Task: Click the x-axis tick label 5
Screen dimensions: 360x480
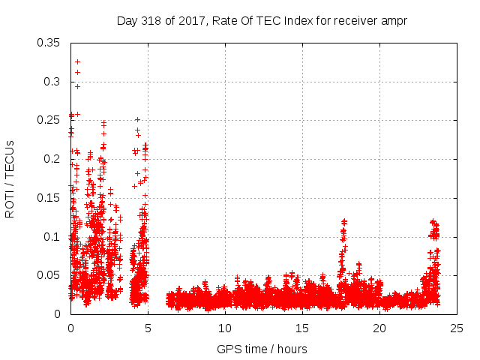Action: coord(148,328)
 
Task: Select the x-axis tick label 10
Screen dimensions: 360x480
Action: coord(225,328)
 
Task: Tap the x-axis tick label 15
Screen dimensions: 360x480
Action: coord(302,328)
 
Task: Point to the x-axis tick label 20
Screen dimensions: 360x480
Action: coord(379,328)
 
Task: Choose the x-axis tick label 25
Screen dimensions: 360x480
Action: coord(457,328)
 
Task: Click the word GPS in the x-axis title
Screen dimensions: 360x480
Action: coord(228,349)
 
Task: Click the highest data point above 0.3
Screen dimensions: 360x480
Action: coord(77,61)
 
